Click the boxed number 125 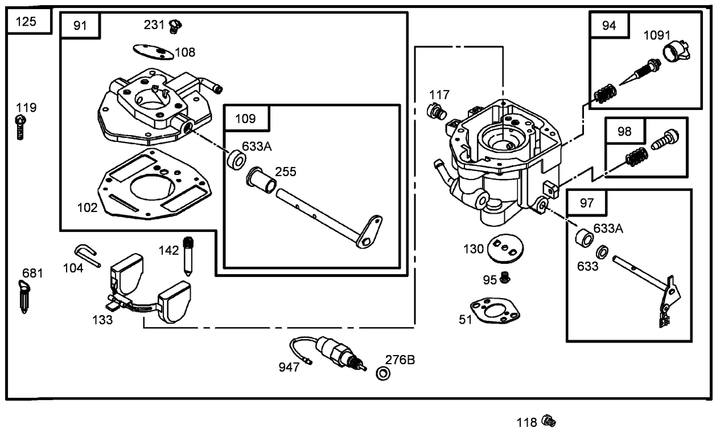(x=26, y=22)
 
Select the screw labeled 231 (x=176, y=25)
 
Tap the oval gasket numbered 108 (x=153, y=52)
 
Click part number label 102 (x=87, y=207)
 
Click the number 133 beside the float (x=102, y=320)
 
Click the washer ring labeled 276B (x=383, y=374)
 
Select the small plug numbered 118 (x=549, y=421)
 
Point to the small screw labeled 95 (x=505, y=278)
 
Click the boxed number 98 (x=624, y=132)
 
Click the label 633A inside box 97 (x=608, y=229)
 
